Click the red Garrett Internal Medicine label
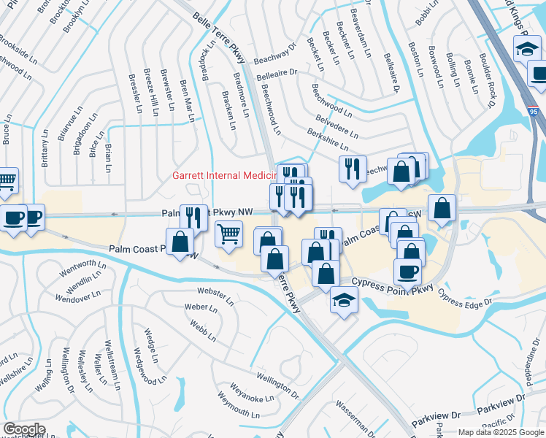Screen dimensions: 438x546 click(x=222, y=175)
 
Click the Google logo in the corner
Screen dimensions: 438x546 click(x=24, y=429)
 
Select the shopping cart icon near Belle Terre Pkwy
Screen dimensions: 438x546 click(x=229, y=234)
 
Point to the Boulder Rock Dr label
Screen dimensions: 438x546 click(x=489, y=74)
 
